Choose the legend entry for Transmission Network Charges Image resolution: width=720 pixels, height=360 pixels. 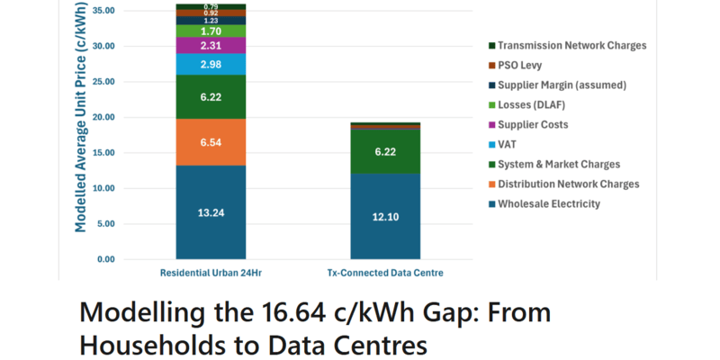coord(571,46)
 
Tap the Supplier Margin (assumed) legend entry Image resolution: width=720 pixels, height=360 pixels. coord(562,85)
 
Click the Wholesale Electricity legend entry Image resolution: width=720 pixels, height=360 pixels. coord(548,204)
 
